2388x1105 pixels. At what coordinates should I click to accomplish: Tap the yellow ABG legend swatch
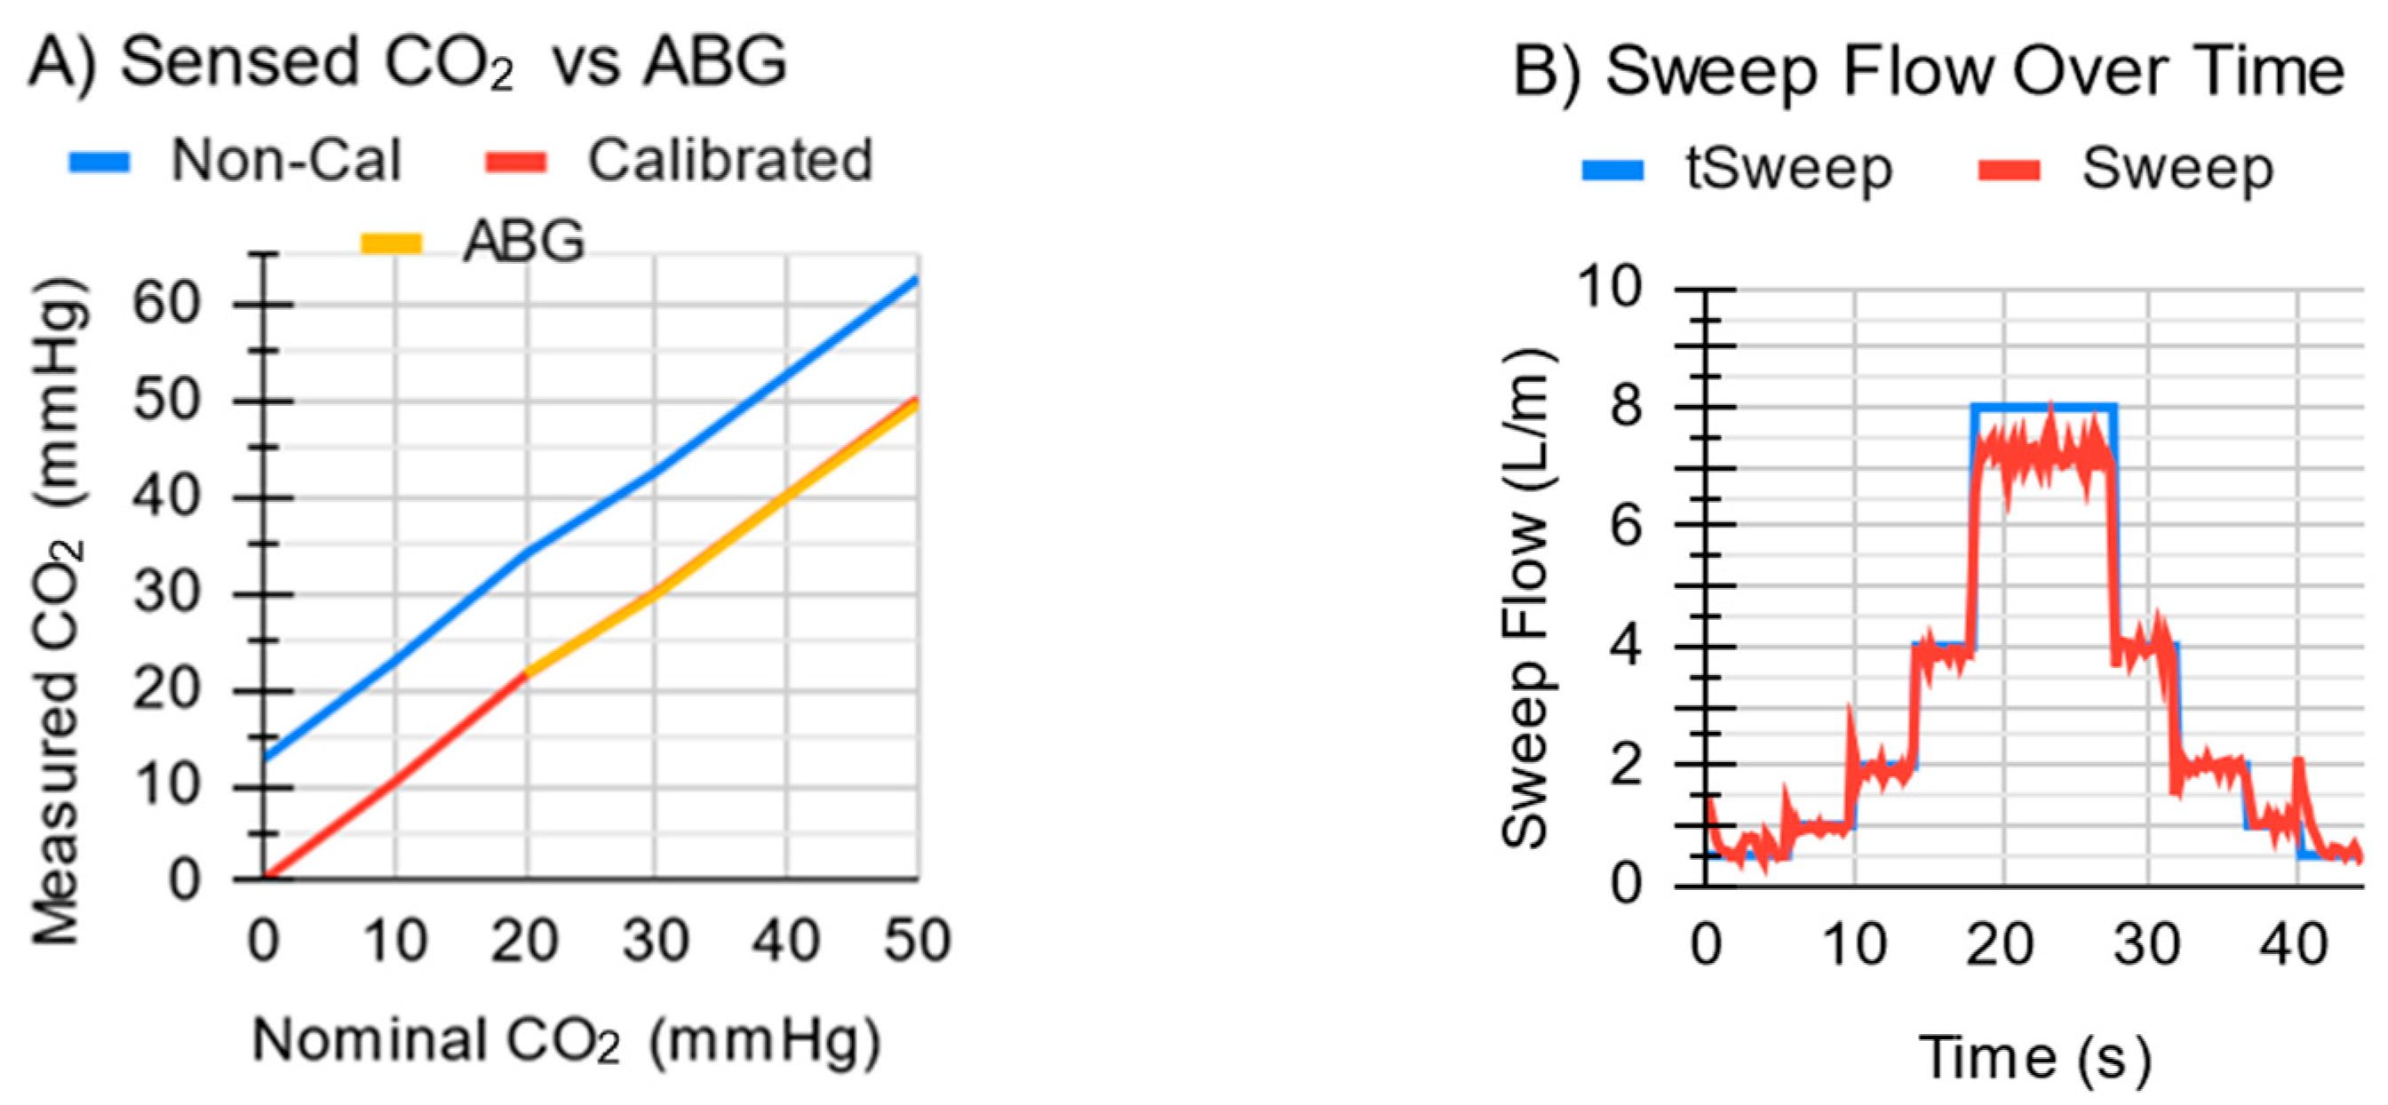point(391,243)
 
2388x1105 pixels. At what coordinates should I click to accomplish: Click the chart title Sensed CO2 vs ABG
point(408,63)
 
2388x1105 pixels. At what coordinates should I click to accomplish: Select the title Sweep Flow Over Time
point(1928,71)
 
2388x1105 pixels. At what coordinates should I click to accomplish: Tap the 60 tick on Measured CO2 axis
point(167,303)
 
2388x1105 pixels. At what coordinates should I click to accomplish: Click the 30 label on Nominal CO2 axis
point(656,940)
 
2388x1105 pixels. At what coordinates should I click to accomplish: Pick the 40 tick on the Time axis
point(2295,945)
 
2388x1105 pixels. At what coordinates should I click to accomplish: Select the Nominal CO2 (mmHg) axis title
point(566,1040)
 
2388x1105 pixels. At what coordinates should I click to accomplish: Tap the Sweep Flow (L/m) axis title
point(1525,598)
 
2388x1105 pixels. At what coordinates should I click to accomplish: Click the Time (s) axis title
point(2034,1057)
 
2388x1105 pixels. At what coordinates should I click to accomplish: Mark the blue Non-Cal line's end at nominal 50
point(916,278)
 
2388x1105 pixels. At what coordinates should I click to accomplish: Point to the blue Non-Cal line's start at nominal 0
point(265,758)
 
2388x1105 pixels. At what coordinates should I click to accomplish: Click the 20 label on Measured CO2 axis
point(167,691)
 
